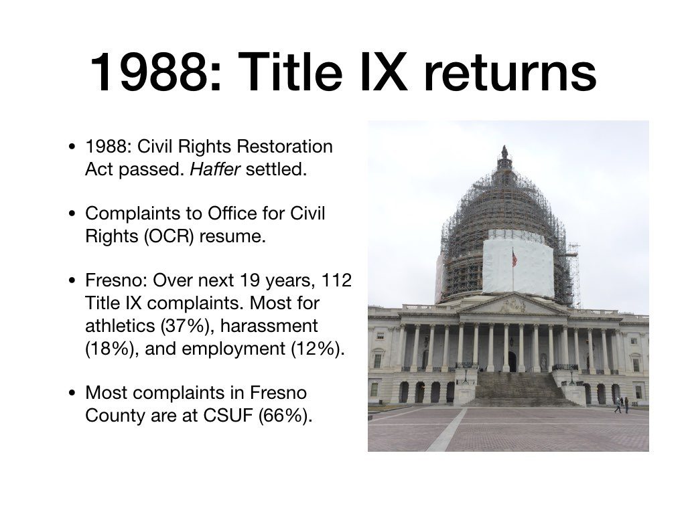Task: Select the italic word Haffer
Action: (x=215, y=169)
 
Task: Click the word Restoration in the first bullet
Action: (x=284, y=146)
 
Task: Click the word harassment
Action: (x=269, y=326)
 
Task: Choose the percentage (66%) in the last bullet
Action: (x=285, y=416)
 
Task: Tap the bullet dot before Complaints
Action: (x=72, y=213)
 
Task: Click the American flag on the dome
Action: (x=514, y=258)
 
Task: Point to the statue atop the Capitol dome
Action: (x=505, y=152)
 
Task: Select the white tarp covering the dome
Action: (x=518, y=264)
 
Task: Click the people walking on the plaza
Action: (x=622, y=405)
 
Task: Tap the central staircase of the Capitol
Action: (x=519, y=389)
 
